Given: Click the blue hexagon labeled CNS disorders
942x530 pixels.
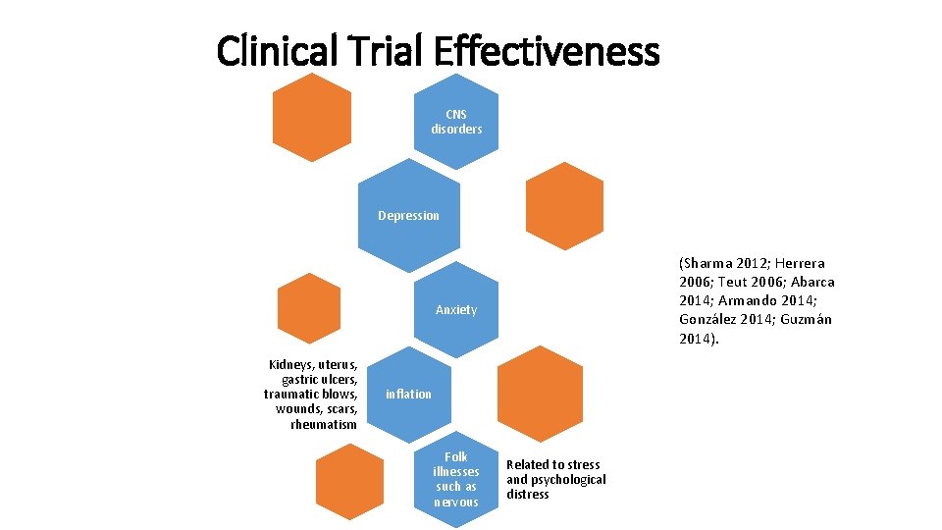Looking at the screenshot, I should [456, 122].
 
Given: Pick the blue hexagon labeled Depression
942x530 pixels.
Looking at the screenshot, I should [409, 215].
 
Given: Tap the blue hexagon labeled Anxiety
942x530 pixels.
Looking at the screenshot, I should [456, 309].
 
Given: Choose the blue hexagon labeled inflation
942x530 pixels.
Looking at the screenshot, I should [408, 394].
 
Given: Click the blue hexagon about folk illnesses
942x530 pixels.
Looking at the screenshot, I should [456, 478].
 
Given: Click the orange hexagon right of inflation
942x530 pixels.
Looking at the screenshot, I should [540, 394].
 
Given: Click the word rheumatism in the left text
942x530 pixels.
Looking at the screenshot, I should [324, 425].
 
